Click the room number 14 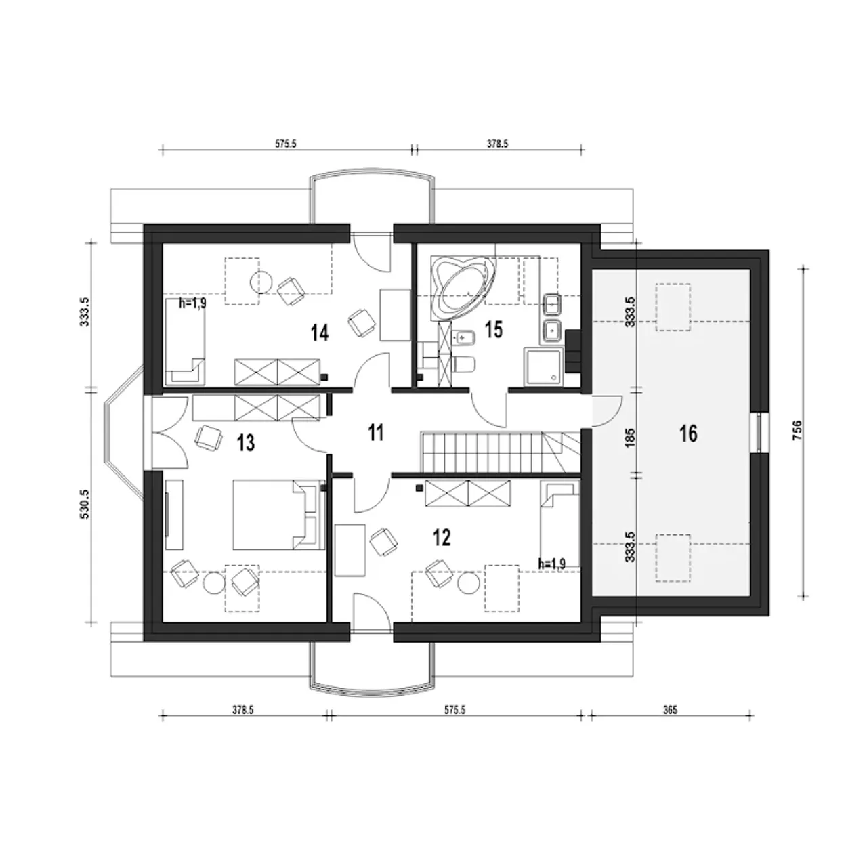320,333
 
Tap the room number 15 493,330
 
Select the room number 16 688,433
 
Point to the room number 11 376,433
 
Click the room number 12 442,537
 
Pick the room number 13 246,443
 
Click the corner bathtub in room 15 462,287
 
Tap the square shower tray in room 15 543,366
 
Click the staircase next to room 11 500,452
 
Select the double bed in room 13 278,515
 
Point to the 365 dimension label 670,710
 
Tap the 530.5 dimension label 86,504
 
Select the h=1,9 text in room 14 192,303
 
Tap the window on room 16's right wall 759,432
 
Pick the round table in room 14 261,282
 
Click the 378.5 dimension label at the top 497,144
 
